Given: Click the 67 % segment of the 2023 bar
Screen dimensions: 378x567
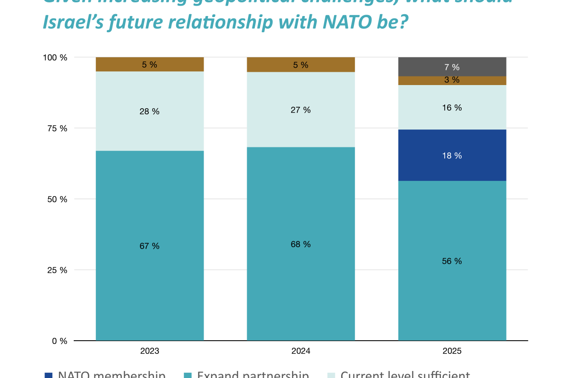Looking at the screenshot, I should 150,246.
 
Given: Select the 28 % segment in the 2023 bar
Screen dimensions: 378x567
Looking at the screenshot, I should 150,111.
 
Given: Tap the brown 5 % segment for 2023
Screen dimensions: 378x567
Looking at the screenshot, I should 150,64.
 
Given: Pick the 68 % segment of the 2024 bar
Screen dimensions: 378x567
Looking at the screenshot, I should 301,244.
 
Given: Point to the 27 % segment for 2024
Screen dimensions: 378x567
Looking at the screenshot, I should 301,110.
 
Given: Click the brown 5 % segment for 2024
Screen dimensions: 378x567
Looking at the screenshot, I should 301,65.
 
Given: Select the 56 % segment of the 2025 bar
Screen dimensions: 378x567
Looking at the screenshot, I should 452,260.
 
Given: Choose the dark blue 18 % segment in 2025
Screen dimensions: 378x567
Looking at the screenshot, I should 452,155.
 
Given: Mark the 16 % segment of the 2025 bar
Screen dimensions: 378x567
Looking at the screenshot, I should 452,107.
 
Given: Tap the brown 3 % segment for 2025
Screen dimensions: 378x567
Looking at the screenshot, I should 452,80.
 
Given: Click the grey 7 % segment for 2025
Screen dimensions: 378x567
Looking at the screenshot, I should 452,67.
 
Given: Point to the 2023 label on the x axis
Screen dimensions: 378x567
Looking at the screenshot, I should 150,351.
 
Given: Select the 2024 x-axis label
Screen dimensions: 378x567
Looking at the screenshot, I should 301,351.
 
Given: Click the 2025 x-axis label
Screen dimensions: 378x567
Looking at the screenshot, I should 452,351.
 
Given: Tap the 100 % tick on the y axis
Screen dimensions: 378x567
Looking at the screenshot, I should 56,58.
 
